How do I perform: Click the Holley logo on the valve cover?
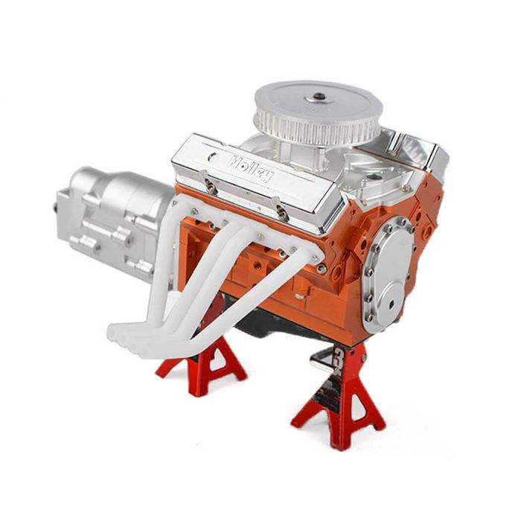click(250, 167)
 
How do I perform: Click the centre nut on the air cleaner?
click(319, 97)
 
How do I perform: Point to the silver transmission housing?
click(113, 223)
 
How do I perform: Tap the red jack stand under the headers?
click(202, 365)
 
